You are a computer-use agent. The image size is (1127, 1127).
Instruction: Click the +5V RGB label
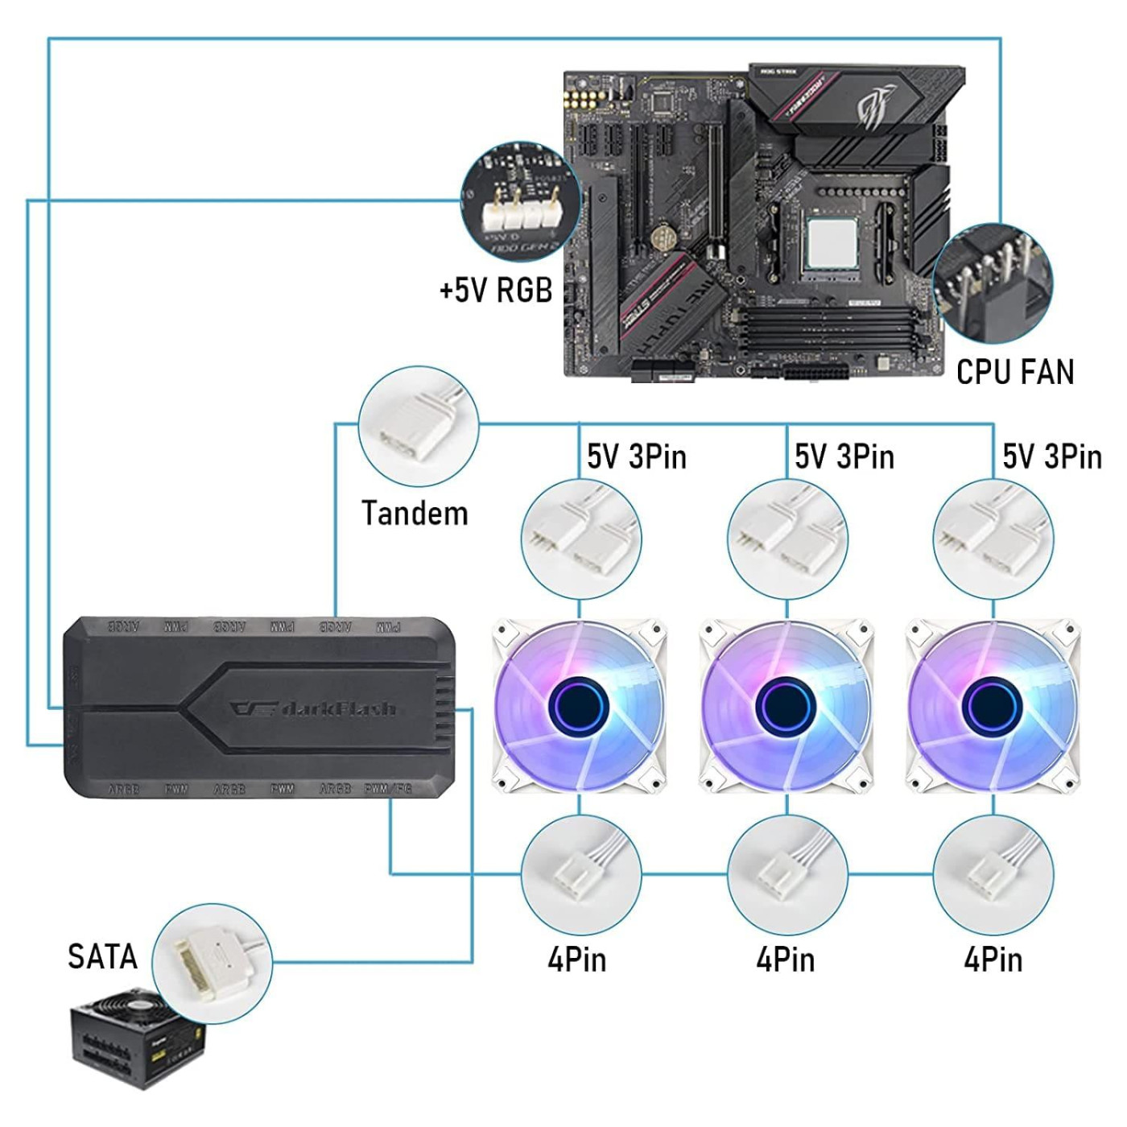[x=496, y=290]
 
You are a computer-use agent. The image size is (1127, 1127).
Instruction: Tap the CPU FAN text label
[x=1015, y=372]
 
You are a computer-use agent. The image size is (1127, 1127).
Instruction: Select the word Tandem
[x=415, y=514]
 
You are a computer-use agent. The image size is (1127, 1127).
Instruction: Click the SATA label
[x=102, y=956]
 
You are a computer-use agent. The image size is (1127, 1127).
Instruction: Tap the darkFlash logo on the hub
[x=314, y=708]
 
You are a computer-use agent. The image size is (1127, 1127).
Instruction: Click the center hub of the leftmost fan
[x=578, y=706]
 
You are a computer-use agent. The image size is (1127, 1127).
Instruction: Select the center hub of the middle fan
[x=786, y=706]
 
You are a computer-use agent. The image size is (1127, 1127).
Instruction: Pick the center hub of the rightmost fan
[x=992, y=706]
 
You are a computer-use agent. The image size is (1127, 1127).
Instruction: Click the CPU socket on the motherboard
[x=832, y=242]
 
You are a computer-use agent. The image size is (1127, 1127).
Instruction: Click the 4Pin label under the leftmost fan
[x=577, y=960]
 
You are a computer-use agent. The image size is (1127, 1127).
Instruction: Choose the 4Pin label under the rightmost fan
[x=993, y=960]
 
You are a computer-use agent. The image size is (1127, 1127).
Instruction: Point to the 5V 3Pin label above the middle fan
[x=844, y=456]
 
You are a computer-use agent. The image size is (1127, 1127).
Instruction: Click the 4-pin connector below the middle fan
[x=786, y=874]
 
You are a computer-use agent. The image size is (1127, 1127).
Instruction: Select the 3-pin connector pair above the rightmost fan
[x=993, y=539]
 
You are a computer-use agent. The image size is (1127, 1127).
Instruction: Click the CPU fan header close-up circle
[x=993, y=284]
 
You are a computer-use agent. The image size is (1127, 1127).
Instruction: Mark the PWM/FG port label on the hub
[x=389, y=789]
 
